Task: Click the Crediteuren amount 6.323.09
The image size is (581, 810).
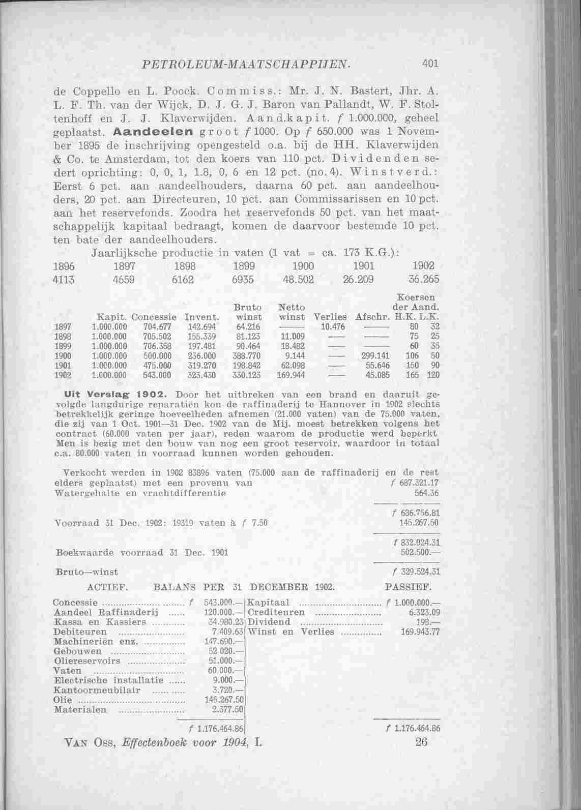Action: point(424,612)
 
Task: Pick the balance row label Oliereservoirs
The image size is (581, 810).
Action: point(87,661)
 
